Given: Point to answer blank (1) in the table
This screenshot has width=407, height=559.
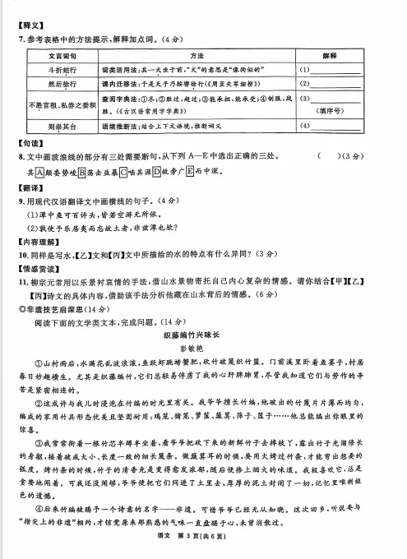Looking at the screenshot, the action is [338, 71].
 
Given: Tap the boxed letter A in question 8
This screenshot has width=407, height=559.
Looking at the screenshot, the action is [30, 172].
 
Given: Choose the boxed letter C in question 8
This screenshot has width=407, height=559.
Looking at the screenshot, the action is [123, 172].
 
